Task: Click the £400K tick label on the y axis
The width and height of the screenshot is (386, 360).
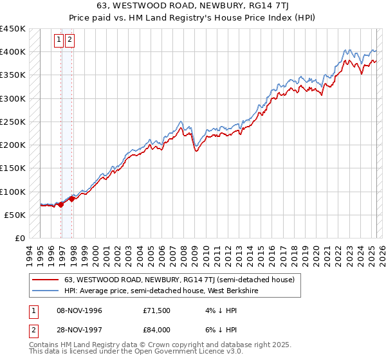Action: pos(12,52)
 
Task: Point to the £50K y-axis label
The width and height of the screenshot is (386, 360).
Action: pos(15,215)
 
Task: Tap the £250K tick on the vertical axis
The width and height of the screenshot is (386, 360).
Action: pos(12,122)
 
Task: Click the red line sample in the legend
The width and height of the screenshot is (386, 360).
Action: pos(46,280)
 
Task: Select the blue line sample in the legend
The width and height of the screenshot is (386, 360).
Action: pos(46,291)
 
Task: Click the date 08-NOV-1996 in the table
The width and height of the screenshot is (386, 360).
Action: pos(80,310)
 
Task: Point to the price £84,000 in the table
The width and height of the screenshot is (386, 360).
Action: pos(156,329)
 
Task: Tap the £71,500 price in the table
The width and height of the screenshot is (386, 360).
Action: pos(156,310)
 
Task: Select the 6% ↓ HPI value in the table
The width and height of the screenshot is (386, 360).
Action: pos(221,329)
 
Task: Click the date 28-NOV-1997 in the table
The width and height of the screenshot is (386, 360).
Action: pos(80,329)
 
